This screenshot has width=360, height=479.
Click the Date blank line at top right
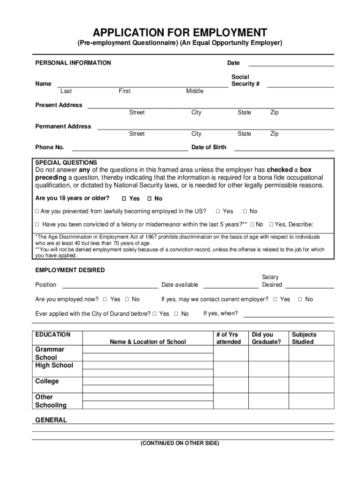tap(291, 65)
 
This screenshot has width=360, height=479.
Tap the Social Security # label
tap(245, 80)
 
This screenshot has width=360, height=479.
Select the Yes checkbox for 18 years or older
tap(124, 198)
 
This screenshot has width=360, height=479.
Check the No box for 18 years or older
tap(149, 198)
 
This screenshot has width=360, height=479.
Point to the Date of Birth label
tap(209, 147)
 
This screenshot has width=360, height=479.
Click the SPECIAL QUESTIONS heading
tap(66, 163)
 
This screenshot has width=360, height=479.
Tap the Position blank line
tap(110, 287)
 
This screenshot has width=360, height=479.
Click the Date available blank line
tap(230, 287)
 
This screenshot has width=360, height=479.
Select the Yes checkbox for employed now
tap(105, 299)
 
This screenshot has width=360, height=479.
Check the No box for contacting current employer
tap(300, 299)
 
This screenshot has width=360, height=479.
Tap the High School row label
tap(54, 365)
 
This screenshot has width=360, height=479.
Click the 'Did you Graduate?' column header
tap(266, 338)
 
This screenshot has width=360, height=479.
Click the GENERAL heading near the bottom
tap(51, 420)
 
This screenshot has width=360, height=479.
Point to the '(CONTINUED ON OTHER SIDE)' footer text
tap(180, 443)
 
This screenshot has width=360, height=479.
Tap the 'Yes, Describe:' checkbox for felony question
tap(271, 225)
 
